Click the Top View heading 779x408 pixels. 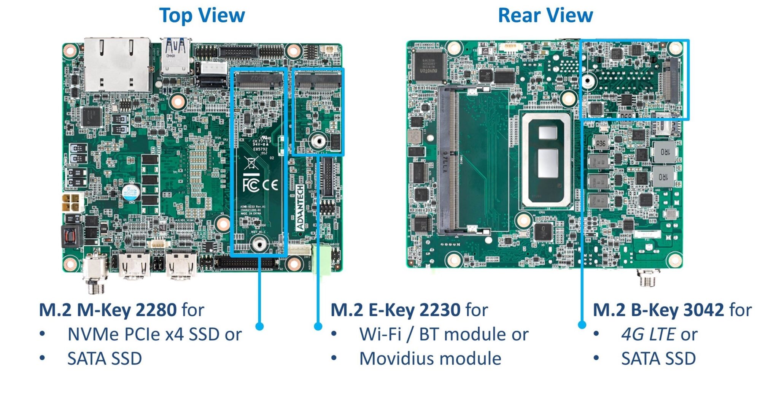[202, 16]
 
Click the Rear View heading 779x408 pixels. [545, 16]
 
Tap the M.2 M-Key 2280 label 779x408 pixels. [108, 310]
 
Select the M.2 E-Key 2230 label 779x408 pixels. [396, 310]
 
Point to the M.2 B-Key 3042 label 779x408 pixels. [658, 310]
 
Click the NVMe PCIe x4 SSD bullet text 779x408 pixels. [154, 335]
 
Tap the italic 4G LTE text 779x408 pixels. [648, 335]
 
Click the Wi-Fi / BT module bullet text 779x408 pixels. [444, 335]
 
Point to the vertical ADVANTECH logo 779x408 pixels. [300, 207]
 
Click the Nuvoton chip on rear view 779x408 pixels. [429, 65]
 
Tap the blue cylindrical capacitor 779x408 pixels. [131, 192]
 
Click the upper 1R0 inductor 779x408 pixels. [664, 152]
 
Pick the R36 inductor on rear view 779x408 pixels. [601, 143]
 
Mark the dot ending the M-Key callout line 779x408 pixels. [259, 326]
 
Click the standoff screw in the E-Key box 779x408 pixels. [318, 141]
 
